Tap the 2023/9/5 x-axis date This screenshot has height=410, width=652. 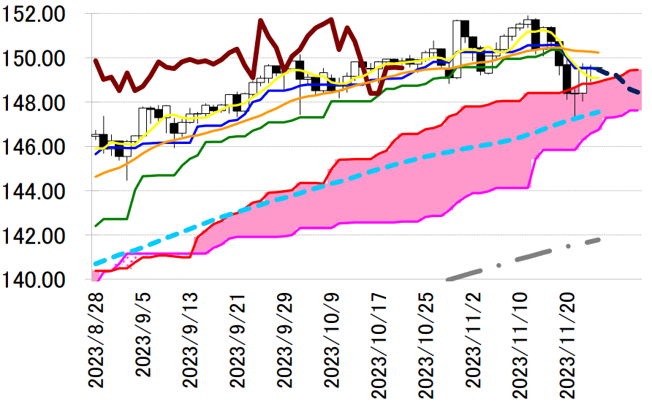point(144,335)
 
